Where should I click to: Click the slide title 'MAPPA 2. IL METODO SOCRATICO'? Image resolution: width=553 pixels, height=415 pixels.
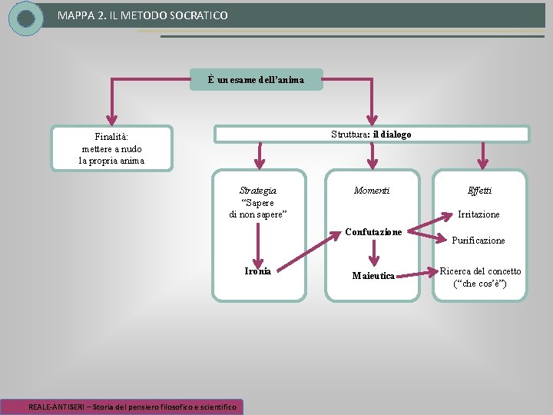tap(143, 15)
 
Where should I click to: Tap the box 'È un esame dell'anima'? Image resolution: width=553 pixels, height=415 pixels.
tap(257, 79)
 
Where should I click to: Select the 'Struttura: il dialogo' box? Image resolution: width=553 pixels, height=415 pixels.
tap(371, 134)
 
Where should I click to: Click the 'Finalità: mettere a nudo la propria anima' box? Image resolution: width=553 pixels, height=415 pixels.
tap(112, 148)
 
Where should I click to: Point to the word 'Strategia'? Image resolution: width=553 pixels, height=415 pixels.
tap(258, 190)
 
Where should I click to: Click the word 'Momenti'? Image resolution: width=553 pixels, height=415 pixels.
tap(372, 190)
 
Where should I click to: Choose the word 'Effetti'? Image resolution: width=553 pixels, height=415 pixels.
tap(480, 190)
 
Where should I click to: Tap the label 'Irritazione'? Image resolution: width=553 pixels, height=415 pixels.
tap(479, 214)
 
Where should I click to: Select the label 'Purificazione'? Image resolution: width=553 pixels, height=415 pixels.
tap(478, 241)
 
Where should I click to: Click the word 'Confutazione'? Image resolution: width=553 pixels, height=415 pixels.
tap(373, 231)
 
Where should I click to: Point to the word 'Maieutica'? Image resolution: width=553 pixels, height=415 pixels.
tap(373, 275)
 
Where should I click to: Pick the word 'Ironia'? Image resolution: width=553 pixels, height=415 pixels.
tap(257, 271)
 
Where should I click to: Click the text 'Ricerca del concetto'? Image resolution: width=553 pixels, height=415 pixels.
tap(480, 271)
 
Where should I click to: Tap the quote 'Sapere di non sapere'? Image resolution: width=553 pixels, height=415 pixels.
tap(258, 208)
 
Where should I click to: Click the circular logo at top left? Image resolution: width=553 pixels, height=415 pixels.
tap(26, 18)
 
